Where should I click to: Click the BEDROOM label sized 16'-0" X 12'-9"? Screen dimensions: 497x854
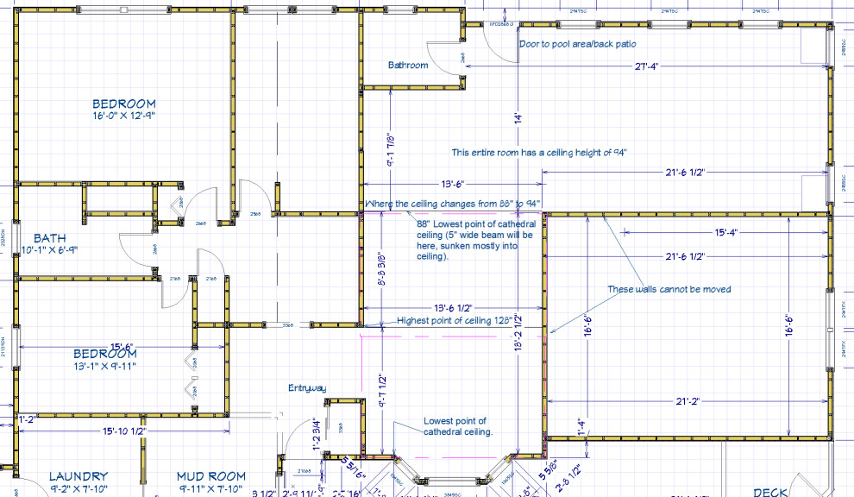[x=124, y=104]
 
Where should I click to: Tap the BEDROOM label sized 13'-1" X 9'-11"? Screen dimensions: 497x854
[x=104, y=354]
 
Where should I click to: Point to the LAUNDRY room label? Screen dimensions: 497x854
[x=78, y=476]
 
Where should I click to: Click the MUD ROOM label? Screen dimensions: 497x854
[x=210, y=476]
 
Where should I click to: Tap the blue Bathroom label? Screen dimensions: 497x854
[x=407, y=65]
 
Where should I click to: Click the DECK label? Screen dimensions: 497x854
[x=769, y=492]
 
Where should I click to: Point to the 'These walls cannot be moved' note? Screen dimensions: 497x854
[x=669, y=289]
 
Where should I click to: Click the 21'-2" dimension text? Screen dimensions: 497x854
[x=688, y=401]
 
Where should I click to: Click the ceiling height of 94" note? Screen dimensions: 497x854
[x=539, y=153]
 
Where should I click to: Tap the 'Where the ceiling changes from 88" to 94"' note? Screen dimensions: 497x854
[x=449, y=204]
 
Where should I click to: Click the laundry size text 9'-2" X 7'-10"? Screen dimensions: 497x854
[x=78, y=489]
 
